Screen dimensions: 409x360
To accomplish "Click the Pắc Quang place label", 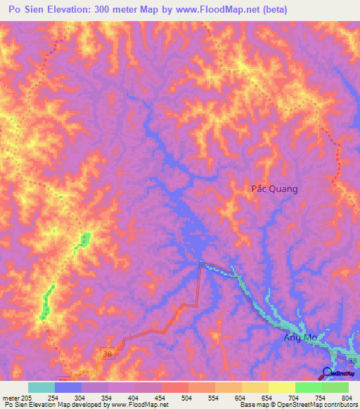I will pos(275,188).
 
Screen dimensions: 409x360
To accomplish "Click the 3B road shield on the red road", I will pos(107,351).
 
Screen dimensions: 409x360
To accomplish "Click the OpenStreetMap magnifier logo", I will pos(328,373).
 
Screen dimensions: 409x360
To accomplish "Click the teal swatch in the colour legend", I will pos(41,387).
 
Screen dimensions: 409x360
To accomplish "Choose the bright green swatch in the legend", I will pos(309,387).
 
